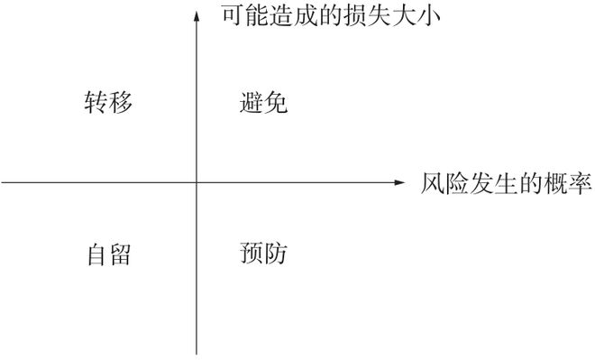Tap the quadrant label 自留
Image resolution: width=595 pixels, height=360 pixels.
point(109,254)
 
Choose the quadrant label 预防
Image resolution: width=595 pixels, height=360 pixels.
point(263,254)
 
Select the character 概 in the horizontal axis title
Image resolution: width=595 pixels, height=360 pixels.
point(555,183)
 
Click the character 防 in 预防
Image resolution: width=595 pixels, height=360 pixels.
point(276,254)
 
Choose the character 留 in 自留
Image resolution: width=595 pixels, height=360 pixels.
point(121,254)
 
